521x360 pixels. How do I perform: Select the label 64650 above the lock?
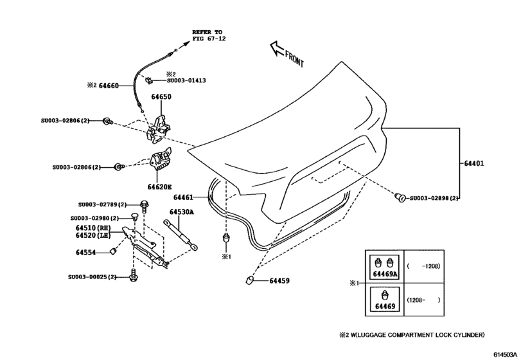(x=161, y=97)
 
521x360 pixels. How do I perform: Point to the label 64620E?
(x=159, y=187)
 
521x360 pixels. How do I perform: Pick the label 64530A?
(x=182, y=212)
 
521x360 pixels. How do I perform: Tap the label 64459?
(x=279, y=280)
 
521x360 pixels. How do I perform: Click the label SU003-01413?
(x=186, y=82)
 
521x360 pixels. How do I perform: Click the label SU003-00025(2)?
(x=93, y=277)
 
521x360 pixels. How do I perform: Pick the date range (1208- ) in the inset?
(x=423, y=300)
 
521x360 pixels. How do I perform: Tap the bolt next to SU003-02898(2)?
(x=399, y=197)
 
